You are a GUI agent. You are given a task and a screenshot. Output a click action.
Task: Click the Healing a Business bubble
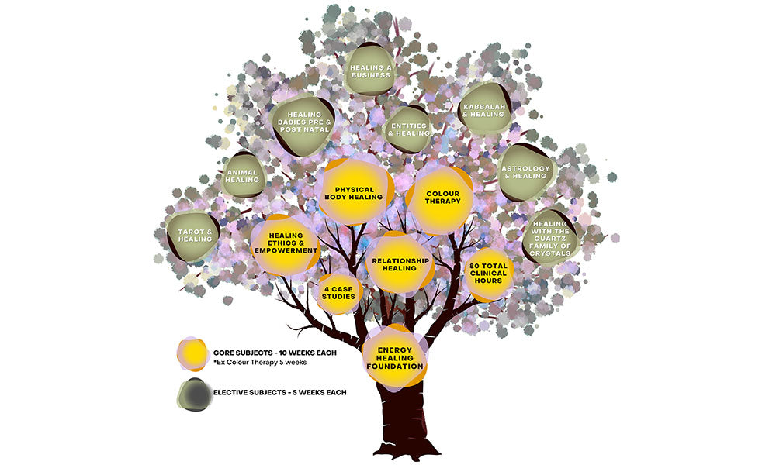pyautogui.click(x=370, y=72)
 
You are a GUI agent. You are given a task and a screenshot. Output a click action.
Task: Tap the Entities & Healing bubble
pyautogui.click(x=408, y=129)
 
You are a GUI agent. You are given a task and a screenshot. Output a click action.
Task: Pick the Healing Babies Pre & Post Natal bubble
pyautogui.click(x=303, y=121)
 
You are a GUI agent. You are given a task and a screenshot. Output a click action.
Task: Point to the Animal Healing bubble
pyautogui.click(x=244, y=176)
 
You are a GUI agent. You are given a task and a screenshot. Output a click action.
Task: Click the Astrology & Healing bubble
pyautogui.click(x=526, y=172)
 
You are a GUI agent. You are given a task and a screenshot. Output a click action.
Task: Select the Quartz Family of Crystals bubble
pyautogui.click(x=551, y=238)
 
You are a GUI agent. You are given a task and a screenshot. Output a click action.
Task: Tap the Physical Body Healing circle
pyautogui.click(x=354, y=192)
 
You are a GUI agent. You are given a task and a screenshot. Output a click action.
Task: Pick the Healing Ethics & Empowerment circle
pyautogui.click(x=286, y=243)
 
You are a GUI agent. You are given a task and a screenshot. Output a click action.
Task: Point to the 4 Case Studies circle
pyautogui.click(x=339, y=292)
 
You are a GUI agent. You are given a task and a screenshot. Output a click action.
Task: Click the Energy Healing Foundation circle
pyautogui.click(x=395, y=359)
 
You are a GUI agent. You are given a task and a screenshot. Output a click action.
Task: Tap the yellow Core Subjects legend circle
pyautogui.click(x=192, y=354)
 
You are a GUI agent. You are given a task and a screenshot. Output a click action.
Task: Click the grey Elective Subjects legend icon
pyautogui.click(x=192, y=394)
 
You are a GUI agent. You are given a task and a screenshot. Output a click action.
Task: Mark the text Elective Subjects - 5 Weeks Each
pyautogui.click(x=279, y=392)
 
